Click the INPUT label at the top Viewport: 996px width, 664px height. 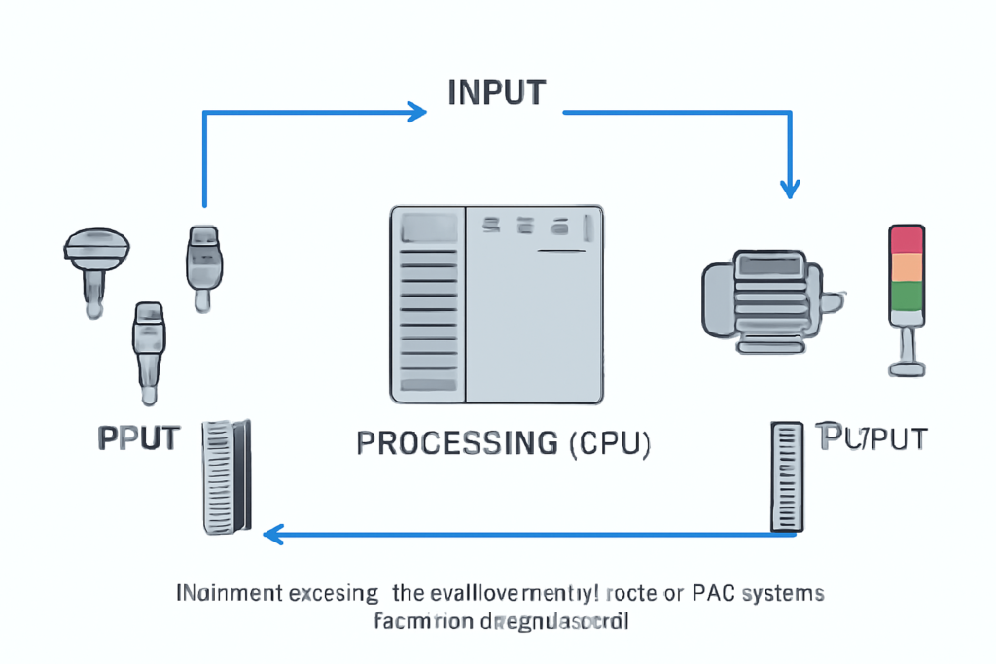[496, 91]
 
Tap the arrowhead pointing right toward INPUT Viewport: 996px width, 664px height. [416, 111]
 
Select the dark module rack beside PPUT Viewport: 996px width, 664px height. [226, 476]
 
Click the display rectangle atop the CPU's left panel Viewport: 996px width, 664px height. [425, 227]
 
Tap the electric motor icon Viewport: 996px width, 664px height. [758, 301]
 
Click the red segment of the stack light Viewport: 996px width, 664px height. [907, 238]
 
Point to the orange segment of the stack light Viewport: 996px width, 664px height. [907, 266]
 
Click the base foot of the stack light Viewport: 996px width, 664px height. [907, 368]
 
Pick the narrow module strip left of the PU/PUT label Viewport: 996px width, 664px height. [784, 476]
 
